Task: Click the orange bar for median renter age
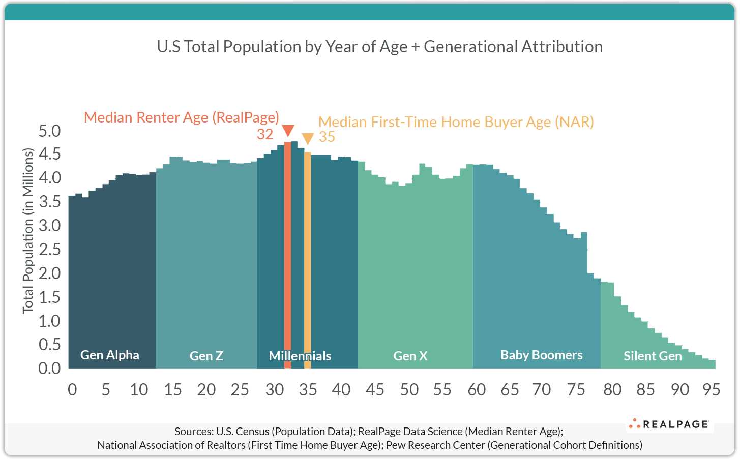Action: [x=287, y=254]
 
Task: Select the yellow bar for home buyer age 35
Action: [x=307, y=259]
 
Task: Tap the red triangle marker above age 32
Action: [x=287, y=131]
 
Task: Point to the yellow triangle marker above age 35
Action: [x=307, y=139]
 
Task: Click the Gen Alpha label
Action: [x=110, y=355]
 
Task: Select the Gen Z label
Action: [x=206, y=356]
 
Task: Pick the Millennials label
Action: [x=300, y=356]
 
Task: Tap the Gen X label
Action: [x=410, y=356]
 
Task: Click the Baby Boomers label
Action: [x=541, y=355]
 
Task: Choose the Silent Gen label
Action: [x=653, y=356]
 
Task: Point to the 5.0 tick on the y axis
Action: [x=49, y=131]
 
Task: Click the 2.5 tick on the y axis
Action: [x=49, y=249]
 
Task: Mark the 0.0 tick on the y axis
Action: [x=49, y=368]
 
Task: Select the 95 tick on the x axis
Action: [x=711, y=390]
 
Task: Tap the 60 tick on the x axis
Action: [x=477, y=390]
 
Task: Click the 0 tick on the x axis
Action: [x=72, y=390]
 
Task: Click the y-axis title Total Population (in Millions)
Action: [x=27, y=230]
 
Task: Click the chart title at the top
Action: [x=379, y=47]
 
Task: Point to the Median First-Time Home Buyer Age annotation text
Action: [x=456, y=122]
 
